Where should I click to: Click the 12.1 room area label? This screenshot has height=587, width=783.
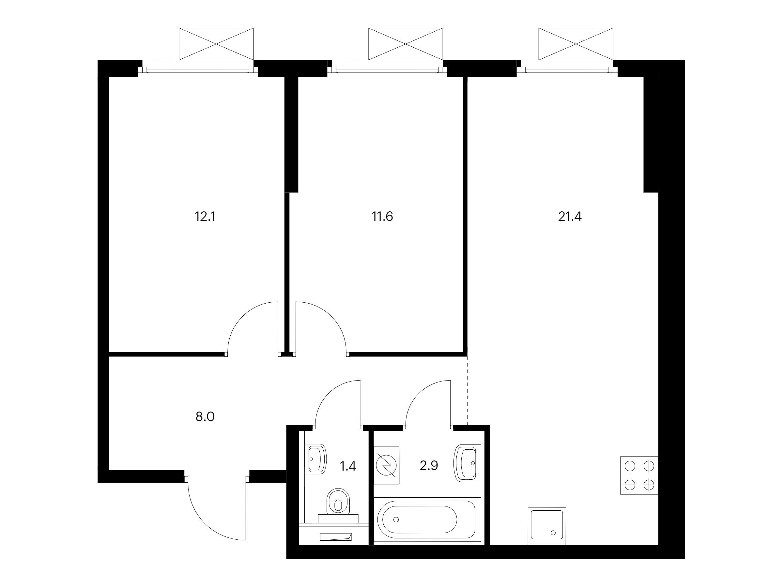(x=205, y=216)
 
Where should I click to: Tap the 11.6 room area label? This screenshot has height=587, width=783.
(x=382, y=216)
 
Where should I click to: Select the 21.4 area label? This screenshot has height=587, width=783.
(x=570, y=216)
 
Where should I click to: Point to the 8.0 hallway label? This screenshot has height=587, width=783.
(x=205, y=417)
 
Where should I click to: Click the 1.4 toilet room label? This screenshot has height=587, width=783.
(x=347, y=466)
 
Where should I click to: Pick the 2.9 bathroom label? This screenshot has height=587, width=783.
(x=429, y=466)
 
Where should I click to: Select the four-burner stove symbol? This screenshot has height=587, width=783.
(x=639, y=475)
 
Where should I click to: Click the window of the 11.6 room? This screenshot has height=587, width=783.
(x=387, y=68)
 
